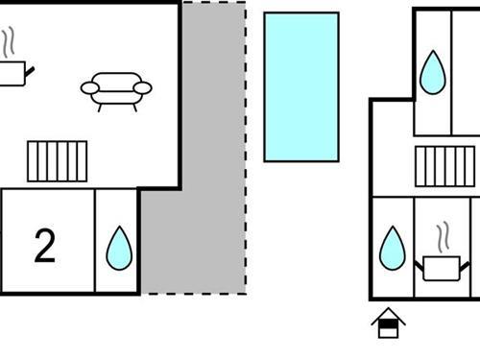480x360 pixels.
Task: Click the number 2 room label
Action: pos(44,246)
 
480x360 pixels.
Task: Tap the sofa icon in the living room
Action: pos(116,89)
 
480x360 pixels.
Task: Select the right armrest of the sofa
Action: pos(143,88)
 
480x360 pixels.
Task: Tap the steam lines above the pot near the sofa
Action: pos(10,42)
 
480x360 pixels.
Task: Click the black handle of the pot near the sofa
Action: pos(32,69)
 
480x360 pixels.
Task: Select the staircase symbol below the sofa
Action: pos(58,160)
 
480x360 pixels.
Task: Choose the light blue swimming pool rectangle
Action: pos(301,86)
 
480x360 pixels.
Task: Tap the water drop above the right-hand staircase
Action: pos(432,72)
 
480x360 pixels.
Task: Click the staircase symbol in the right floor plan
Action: pos(446,165)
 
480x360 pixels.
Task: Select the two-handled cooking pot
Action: pos(441,268)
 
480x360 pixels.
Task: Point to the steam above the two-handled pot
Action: pos(443,236)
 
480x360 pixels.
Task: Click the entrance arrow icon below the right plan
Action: pos(388,323)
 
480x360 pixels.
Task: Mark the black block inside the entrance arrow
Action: pos(388,329)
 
